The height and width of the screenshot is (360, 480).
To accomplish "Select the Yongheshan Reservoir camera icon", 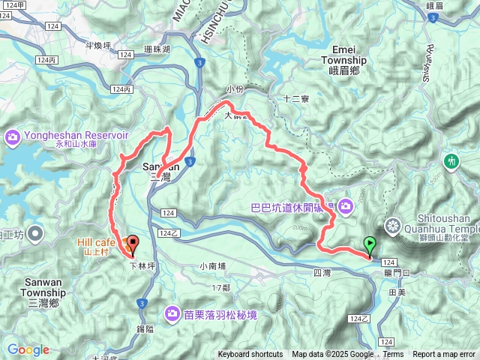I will tap(13, 136).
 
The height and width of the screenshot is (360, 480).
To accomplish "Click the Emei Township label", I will tap(343, 60).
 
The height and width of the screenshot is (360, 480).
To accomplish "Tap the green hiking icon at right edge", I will tap(451, 160).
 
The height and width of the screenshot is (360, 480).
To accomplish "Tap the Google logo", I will tap(28, 349).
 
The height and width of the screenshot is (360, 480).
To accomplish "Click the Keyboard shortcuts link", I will tap(250, 355).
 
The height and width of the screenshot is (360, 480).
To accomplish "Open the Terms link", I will tap(393, 355).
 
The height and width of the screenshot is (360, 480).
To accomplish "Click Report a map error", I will tap(445, 355).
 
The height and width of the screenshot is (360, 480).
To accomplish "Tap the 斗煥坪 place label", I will tap(97, 46).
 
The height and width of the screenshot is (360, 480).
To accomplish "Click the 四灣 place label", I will tap(322, 272).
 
